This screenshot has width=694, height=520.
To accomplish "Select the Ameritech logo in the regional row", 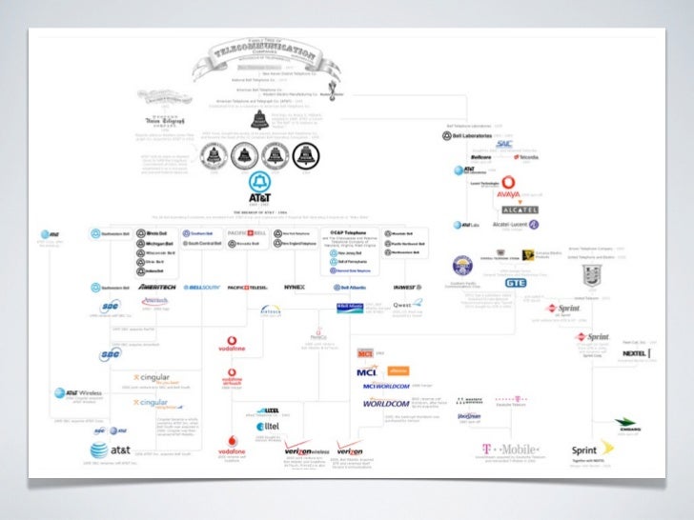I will pyautogui.click(x=154, y=286).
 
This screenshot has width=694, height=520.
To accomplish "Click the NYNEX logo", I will pyautogui.click(x=294, y=286).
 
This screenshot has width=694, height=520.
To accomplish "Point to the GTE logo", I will pyautogui.click(x=516, y=283).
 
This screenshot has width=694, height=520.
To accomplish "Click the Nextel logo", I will pyautogui.click(x=636, y=353).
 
